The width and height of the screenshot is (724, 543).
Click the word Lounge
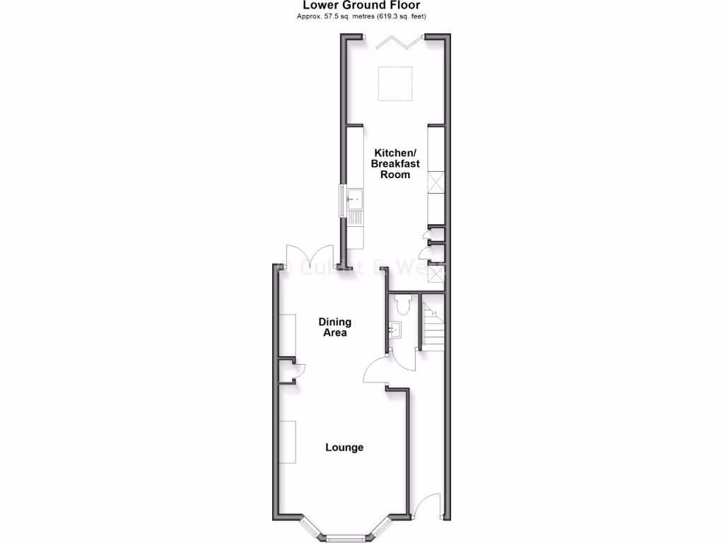click(344, 447)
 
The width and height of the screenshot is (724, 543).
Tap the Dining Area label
click(335, 327)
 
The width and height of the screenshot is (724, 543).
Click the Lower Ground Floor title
click(361, 6)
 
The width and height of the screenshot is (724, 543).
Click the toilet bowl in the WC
click(403, 304)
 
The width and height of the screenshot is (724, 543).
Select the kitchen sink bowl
click(355, 199)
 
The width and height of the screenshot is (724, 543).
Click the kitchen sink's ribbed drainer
click(355, 218)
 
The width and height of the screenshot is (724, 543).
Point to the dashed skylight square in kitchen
click(395, 83)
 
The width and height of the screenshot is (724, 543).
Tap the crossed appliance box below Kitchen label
click(436, 183)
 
